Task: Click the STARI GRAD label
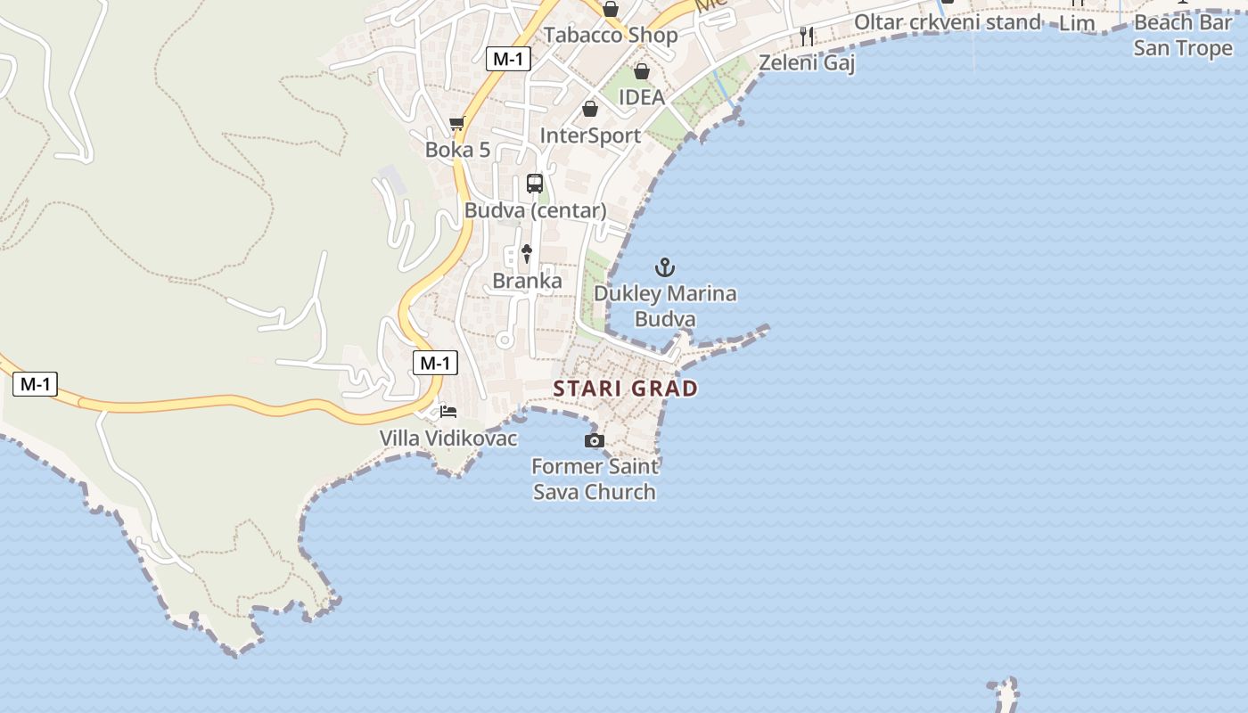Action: pyautogui.click(x=625, y=389)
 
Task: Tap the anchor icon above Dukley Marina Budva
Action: pyautogui.click(x=664, y=266)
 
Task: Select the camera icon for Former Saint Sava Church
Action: pyautogui.click(x=594, y=440)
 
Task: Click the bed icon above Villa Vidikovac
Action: pyautogui.click(x=448, y=412)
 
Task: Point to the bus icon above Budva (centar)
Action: pyautogui.click(x=535, y=184)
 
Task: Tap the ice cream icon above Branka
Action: pyautogui.click(x=527, y=254)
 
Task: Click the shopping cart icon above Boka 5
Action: pyautogui.click(x=457, y=123)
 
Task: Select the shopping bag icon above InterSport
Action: pyautogui.click(x=589, y=109)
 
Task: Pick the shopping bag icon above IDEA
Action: pyautogui.click(x=641, y=71)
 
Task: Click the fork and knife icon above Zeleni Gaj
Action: pyautogui.click(x=807, y=36)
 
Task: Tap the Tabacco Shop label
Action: pyautogui.click(x=611, y=36)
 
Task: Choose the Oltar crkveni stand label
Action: pyautogui.click(x=948, y=22)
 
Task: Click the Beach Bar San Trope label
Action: pyautogui.click(x=1183, y=36)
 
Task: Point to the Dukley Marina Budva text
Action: pyautogui.click(x=665, y=306)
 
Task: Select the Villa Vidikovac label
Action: pyautogui.click(x=448, y=438)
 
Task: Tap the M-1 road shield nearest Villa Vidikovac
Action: pyautogui.click(x=435, y=363)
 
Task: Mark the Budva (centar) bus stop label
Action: pyautogui.click(x=535, y=211)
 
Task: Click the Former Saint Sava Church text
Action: pyautogui.click(x=595, y=479)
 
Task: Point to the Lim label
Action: pyautogui.click(x=1077, y=24)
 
